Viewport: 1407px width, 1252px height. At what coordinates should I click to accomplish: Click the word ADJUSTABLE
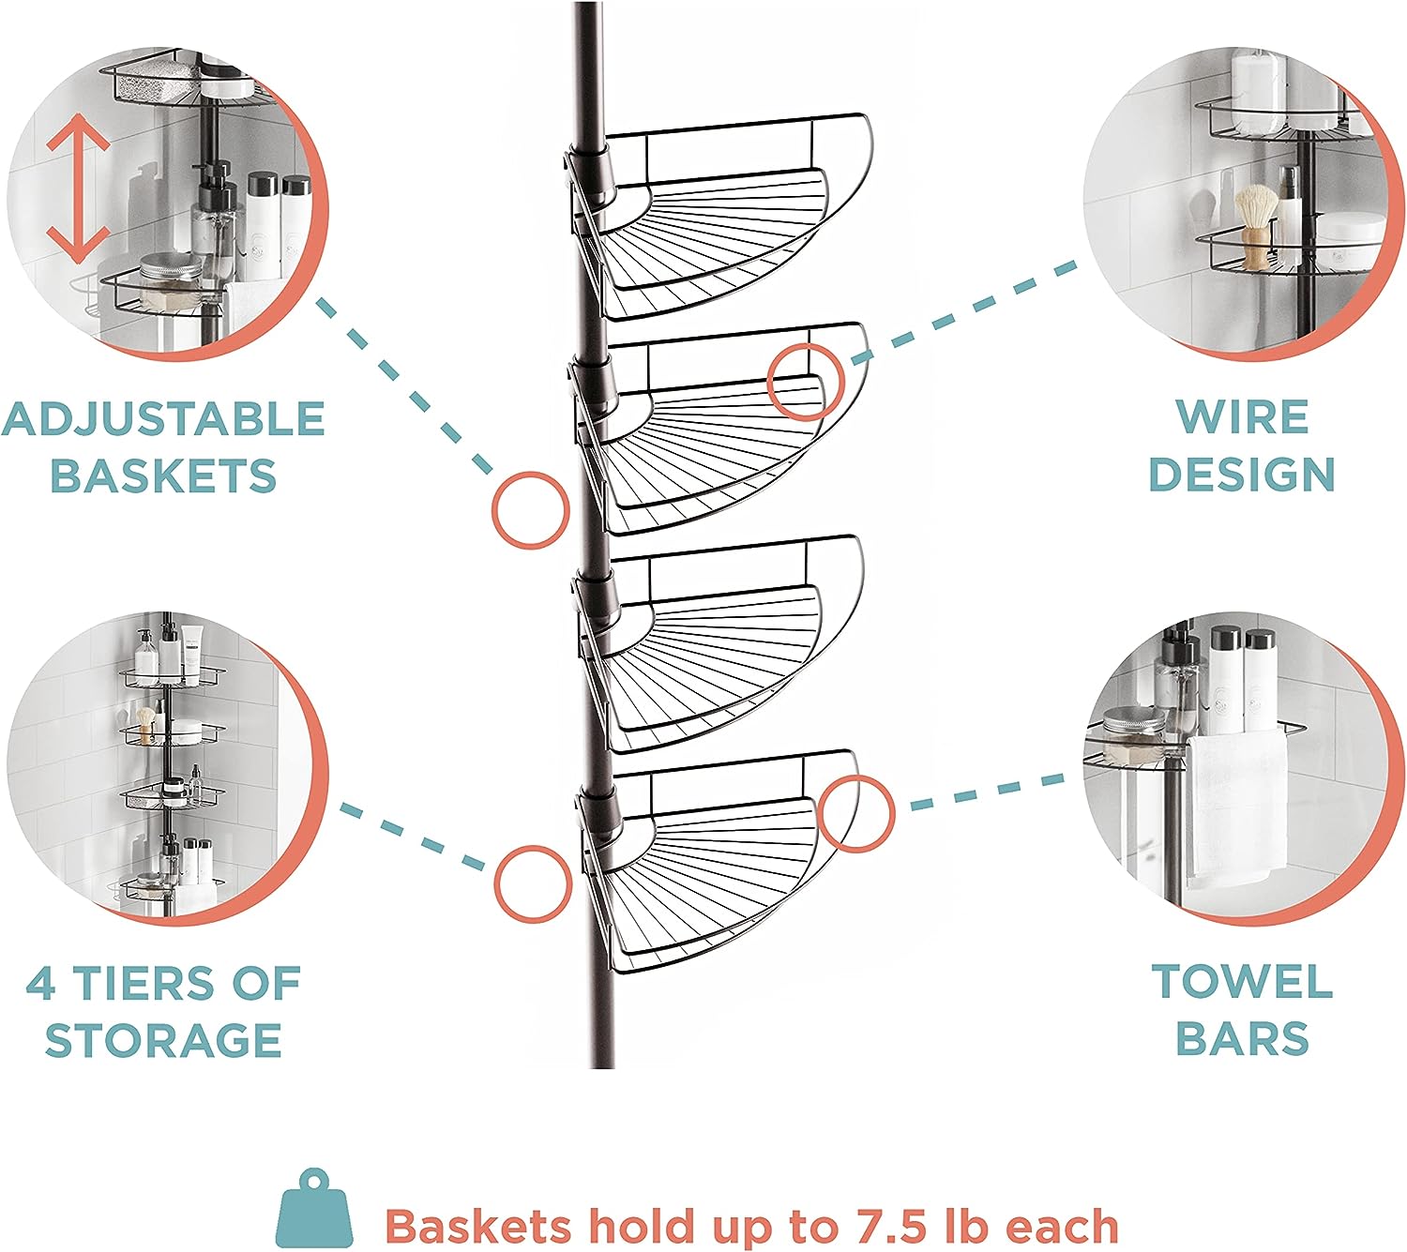[x=164, y=419]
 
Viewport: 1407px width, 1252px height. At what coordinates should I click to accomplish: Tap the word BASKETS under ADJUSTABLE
[x=164, y=475]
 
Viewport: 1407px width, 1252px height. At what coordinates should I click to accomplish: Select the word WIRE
[x=1242, y=417]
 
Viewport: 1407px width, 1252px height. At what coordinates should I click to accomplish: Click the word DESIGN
[x=1242, y=475]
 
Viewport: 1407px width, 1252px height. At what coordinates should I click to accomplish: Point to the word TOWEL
[x=1242, y=982]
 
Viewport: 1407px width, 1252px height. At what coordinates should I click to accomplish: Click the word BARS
[x=1242, y=1039]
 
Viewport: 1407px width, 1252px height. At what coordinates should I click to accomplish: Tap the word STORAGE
[x=164, y=1041]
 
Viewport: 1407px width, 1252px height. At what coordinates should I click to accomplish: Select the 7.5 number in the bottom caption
[x=889, y=1226]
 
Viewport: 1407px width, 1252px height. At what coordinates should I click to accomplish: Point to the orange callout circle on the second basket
[x=806, y=382]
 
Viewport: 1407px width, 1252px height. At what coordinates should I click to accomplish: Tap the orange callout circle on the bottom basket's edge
[x=855, y=813]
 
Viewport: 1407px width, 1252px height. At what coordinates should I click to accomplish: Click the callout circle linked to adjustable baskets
[x=531, y=509]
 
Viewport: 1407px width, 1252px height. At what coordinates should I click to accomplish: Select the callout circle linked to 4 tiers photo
[x=533, y=883]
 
